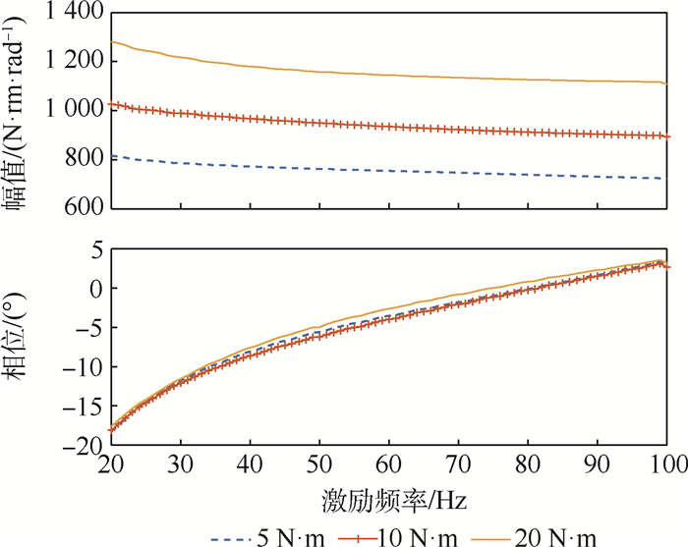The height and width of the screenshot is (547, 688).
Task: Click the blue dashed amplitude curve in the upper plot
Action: point(393,170)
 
